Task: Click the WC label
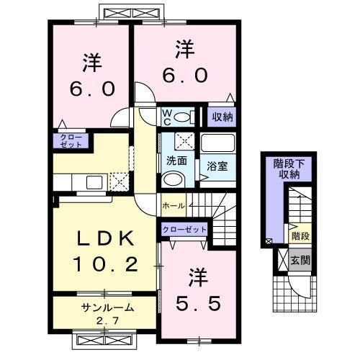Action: [166, 116]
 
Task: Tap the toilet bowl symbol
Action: [183, 117]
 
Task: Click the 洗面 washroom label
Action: [177, 161]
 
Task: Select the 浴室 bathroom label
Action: [218, 164]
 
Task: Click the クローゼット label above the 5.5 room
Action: [184, 229]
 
